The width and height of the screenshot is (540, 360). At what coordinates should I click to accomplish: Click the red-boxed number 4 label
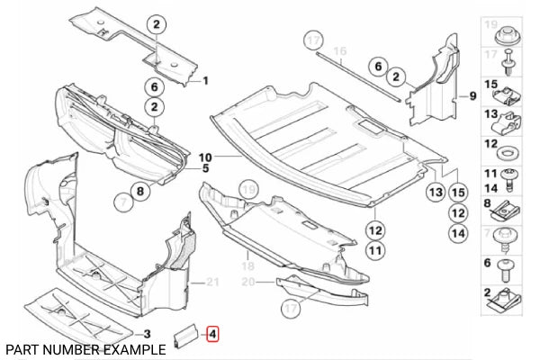tap(212, 335)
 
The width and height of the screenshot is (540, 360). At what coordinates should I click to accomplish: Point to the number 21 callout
tap(211, 283)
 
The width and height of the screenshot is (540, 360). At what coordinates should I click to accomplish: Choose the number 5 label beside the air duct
tap(205, 167)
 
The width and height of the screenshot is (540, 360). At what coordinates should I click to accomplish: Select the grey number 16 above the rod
tap(340, 52)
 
